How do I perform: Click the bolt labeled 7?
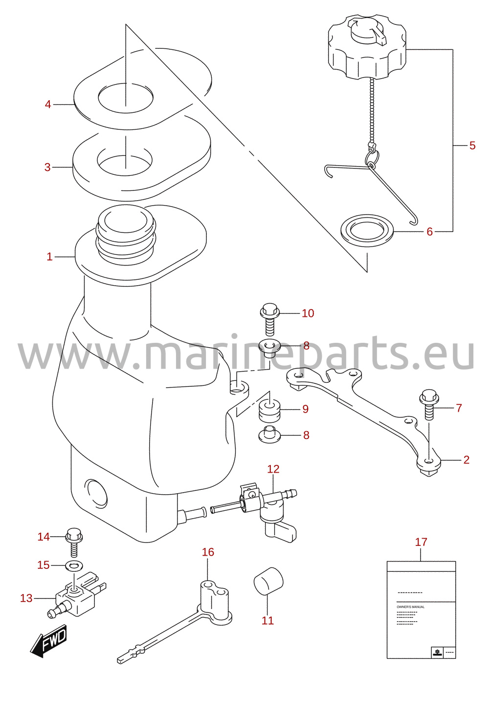[x=429, y=404]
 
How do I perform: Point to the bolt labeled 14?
[x=74, y=542]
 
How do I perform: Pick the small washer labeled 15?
[x=74, y=565]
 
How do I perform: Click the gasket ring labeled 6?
[x=367, y=230]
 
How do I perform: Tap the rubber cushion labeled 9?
[x=269, y=411]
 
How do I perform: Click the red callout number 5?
[x=472, y=146]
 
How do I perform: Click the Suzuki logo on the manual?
[x=437, y=652]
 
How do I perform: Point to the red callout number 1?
[x=49, y=256]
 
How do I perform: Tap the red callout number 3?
[x=47, y=167]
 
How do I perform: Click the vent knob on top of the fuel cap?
[x=367, y=31]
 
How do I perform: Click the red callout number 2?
[x=466, y=460]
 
